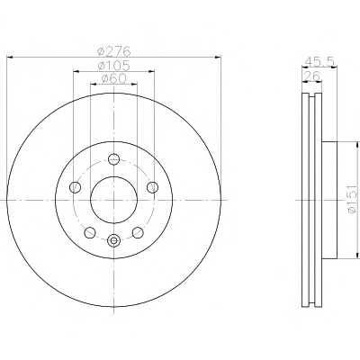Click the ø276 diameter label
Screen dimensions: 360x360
(114, 51)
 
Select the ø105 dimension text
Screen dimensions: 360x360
(114, 66)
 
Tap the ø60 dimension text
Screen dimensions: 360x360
(114, 78)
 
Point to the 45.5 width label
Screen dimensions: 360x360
(319, 61)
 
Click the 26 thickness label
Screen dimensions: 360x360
(312, 76)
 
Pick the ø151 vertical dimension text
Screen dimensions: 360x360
(352, 199)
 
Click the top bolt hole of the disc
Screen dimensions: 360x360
(114, 158)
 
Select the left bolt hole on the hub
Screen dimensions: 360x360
(75, 187)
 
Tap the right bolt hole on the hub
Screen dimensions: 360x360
(153, 187)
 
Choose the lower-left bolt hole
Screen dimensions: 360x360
(90, 232)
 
